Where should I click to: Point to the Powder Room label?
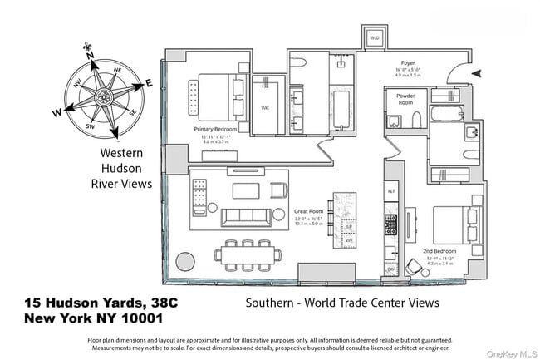(405, 96)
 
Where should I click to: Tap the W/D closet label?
(375, 38)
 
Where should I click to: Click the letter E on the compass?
(149, 82)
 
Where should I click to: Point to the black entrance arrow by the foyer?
(475, 74)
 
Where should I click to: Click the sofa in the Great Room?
(247, 218)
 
